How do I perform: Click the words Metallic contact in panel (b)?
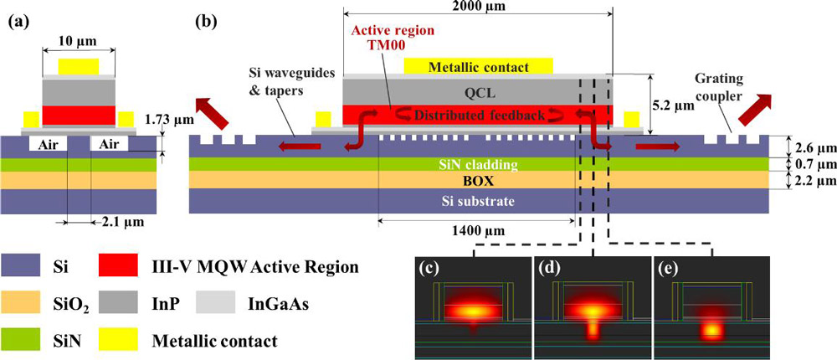coord(478,66)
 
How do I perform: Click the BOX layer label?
coord(478,179)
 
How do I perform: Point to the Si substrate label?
coord(478,201)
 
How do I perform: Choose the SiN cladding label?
coord(478,164)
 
